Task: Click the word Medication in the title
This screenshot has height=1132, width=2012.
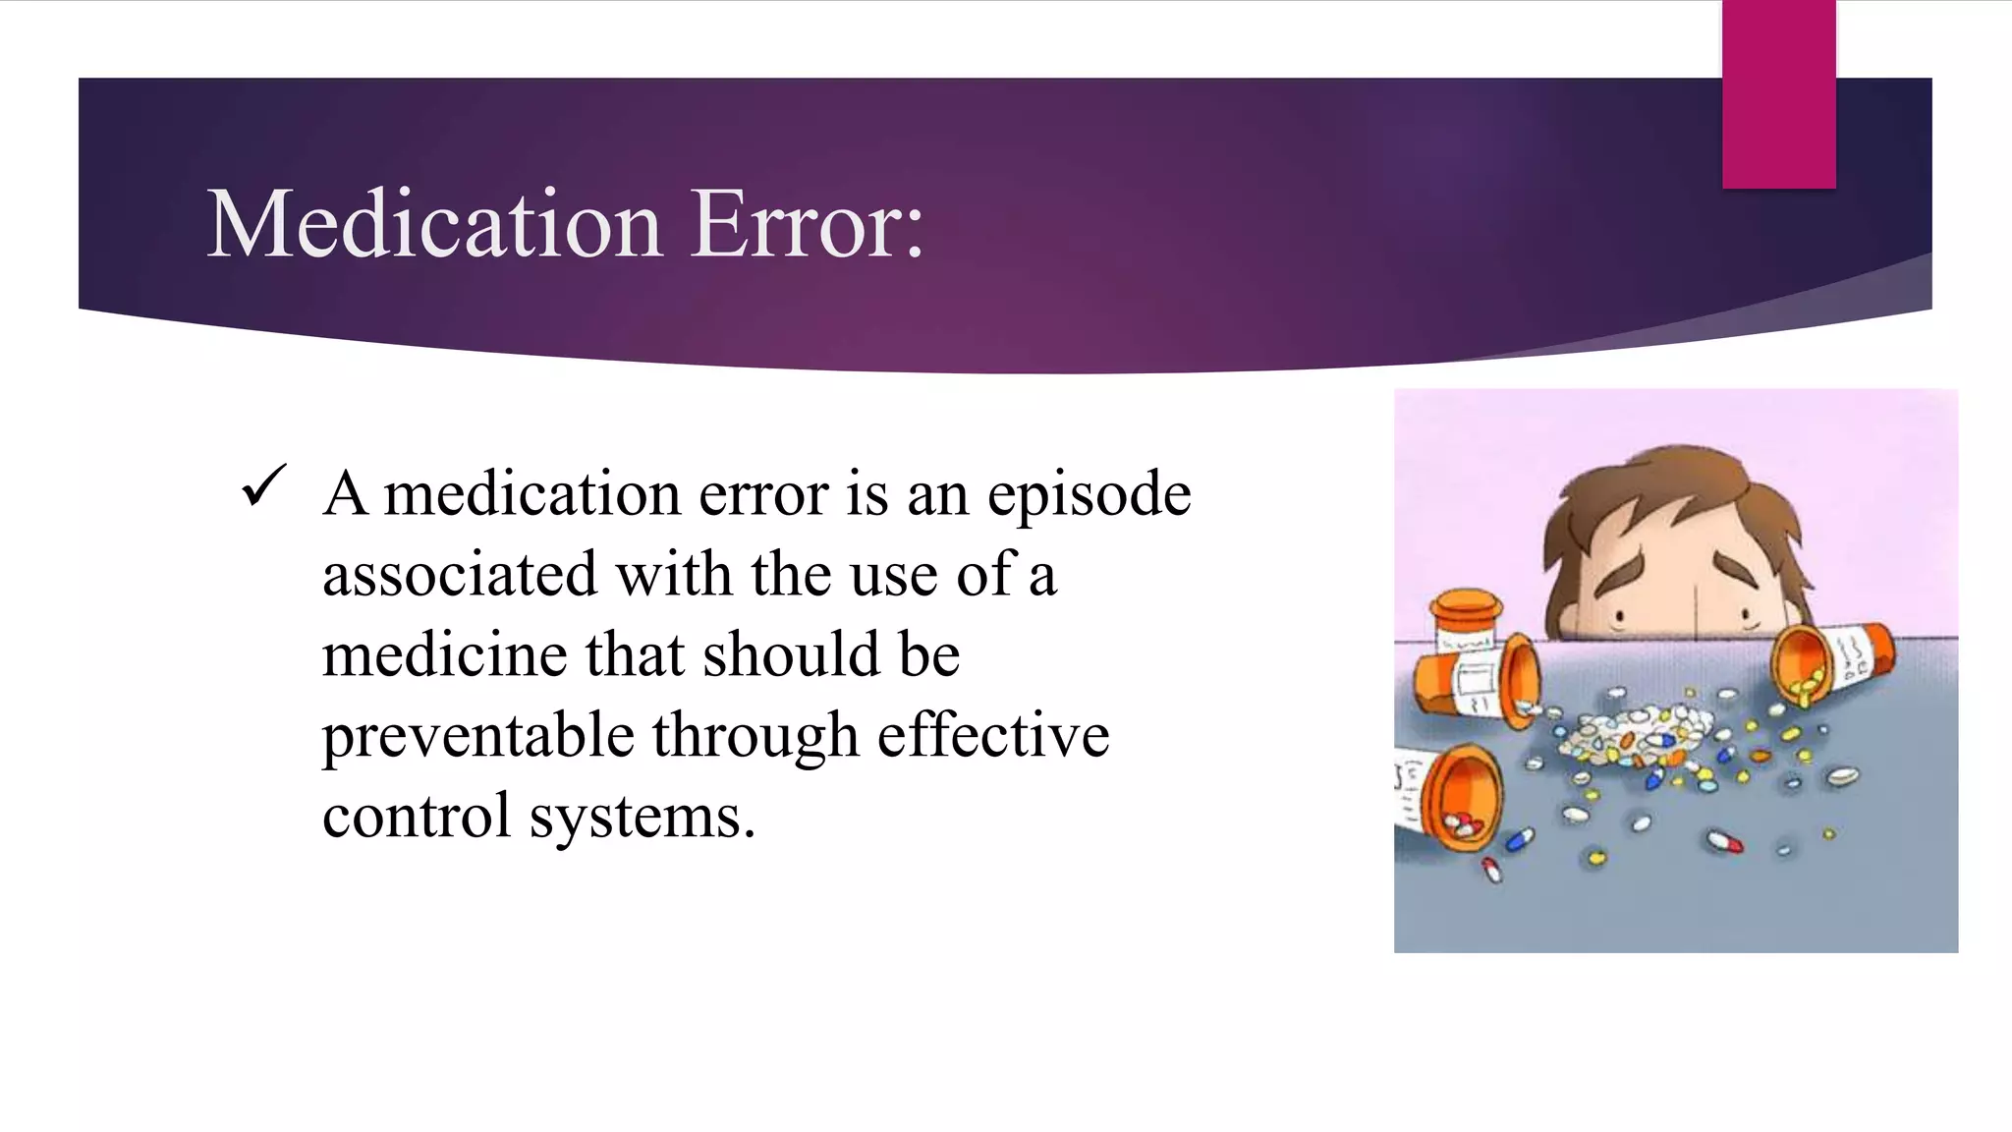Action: pos(434,225)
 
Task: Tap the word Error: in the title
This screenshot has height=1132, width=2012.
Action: pos(808,225)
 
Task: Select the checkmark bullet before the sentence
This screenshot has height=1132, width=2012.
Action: pos(263,485)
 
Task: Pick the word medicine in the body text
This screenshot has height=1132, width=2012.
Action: pos(444,655)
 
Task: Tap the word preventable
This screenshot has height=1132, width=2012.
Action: pos(477,737)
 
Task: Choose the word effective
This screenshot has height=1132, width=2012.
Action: pos(993,736)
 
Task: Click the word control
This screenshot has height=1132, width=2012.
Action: pos(417,817)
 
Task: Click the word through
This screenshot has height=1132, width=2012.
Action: pos(754,737)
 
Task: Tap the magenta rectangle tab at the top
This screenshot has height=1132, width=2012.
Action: pos(1778,93)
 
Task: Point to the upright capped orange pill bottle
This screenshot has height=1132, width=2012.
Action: pos(1465,619)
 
